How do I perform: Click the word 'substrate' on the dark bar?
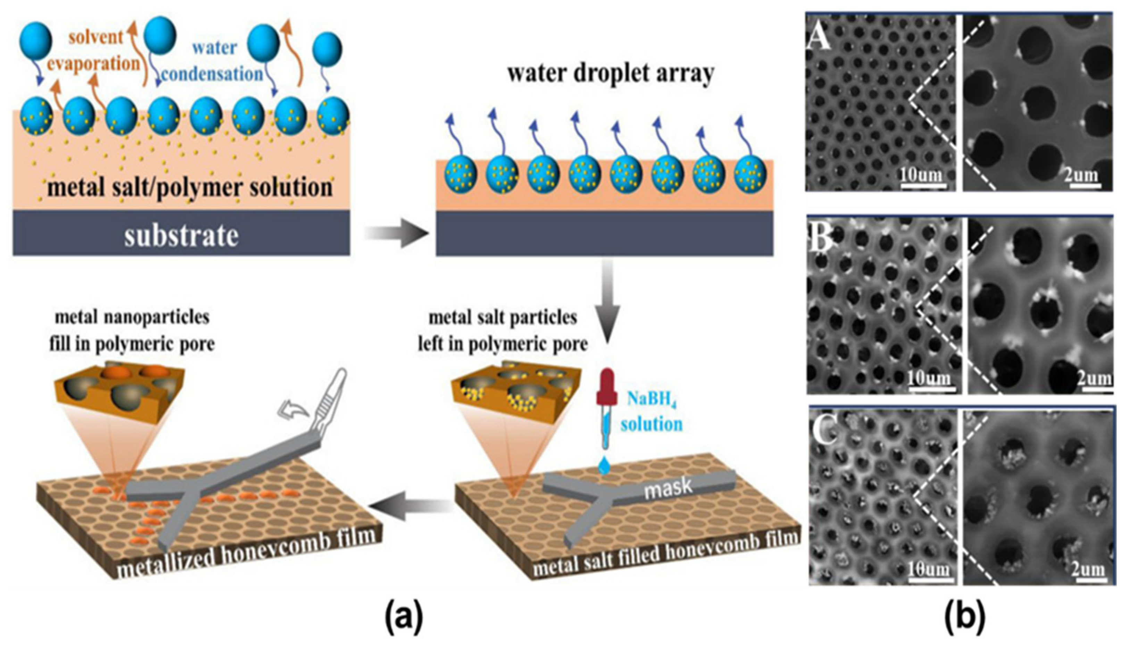pos(181,236)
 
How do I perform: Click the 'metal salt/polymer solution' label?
pos(190,187)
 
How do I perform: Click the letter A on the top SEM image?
pos(821,36)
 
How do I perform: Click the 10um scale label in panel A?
pos(921,174)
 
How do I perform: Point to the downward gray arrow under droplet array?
pos(607,302)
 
